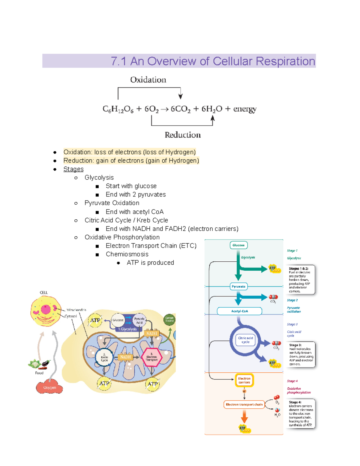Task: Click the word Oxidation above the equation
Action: (x=148, y=80)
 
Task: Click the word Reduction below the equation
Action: (x=182, y=135)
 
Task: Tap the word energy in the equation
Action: (x=245, y=109)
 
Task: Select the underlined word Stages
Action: (x=73, y=169)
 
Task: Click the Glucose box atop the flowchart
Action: (x=238, y=245)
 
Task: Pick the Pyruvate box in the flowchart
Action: (x=238, y=287)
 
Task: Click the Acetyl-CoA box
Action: (x=239, y=311)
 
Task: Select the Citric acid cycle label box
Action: (x=245, y=340)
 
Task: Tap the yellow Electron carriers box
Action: (x=244, y=380)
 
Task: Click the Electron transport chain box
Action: (x=244, y=404)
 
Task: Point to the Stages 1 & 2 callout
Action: (x=300, y=280)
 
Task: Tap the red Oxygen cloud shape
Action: (x=49, y=388)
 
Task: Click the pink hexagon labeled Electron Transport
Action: (x=151, y=357)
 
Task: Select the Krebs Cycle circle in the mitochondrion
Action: (x=104, y=357)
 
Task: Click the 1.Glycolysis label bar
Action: (x=127, y=329)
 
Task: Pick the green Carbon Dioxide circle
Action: (x=169, y=319)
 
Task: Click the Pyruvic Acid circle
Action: (x=139, y=320)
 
